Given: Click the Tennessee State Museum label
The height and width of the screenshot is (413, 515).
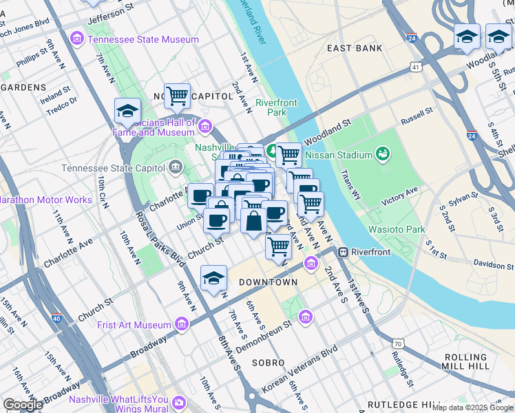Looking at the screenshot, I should pyautogui.click(x=143, y=39).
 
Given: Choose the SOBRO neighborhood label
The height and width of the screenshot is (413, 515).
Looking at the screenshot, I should pyautogui.click(x=268, y=362).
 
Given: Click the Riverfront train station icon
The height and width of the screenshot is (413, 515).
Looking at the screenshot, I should pyautogui.click(x=342, y=252).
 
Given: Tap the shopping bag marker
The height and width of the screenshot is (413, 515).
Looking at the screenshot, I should pyautogui.click(x=253, y=221).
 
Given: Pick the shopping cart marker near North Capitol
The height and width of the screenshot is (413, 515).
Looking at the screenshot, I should pyautogui.click(x=177, y=96).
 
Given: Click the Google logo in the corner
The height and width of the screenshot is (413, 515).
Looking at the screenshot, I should pyautogui.click(x=23, y=405).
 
